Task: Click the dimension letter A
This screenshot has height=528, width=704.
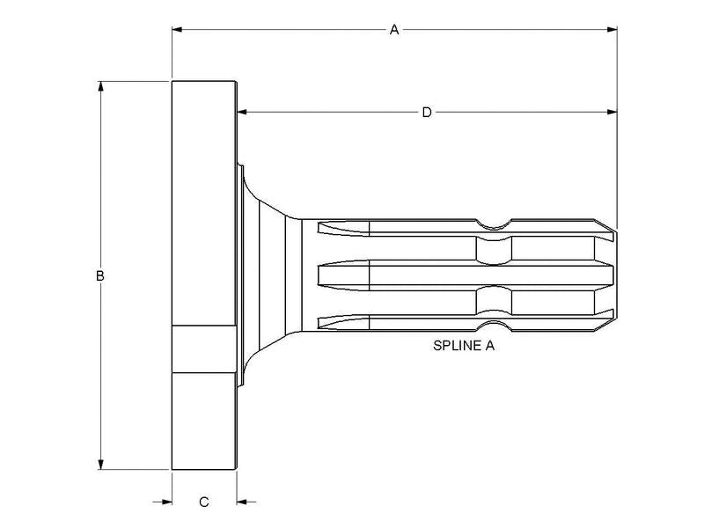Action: point(394,30)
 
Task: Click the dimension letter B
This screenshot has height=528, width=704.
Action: point(100,275)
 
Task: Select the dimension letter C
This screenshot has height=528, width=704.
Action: point(203,502)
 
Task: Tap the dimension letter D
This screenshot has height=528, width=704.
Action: point(427,112)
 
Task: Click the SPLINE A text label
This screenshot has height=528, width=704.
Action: point(463,346)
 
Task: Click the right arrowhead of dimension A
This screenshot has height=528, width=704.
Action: point(611,30)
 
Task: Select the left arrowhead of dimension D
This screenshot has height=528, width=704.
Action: point(242,112)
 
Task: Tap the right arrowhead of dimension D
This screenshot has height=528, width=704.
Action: point(610,112)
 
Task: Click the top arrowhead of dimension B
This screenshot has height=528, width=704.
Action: point(101,88)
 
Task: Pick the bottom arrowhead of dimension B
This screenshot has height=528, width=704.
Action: point(101,464)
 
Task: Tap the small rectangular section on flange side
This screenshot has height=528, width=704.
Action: point(204,348)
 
